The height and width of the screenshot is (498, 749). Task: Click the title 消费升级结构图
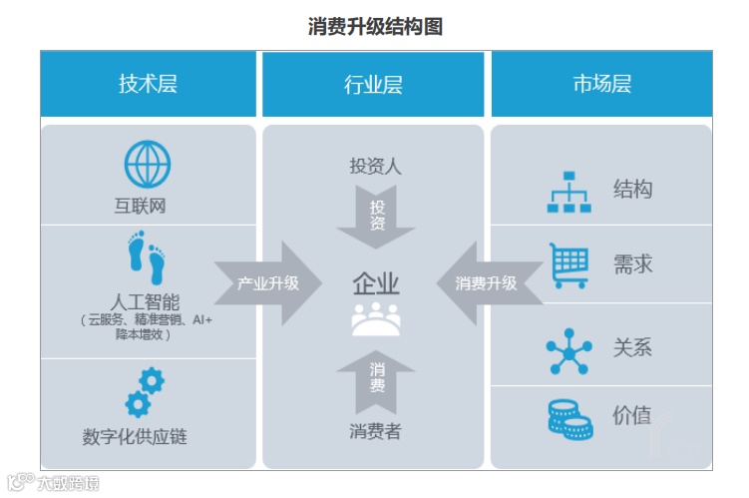375,27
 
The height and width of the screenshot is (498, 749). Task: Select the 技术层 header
148,84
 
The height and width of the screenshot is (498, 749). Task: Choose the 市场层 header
601,84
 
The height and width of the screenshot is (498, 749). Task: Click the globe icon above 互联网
148,165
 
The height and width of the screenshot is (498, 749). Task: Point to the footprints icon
147,257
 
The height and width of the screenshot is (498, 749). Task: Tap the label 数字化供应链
135,436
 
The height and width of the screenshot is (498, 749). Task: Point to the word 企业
376,283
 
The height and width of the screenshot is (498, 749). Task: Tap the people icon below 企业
376,318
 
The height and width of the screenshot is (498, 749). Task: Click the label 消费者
376,431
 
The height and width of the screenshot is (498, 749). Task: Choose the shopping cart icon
569,265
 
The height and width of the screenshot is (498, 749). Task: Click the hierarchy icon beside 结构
569,192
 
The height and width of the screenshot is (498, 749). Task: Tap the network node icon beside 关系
569,350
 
